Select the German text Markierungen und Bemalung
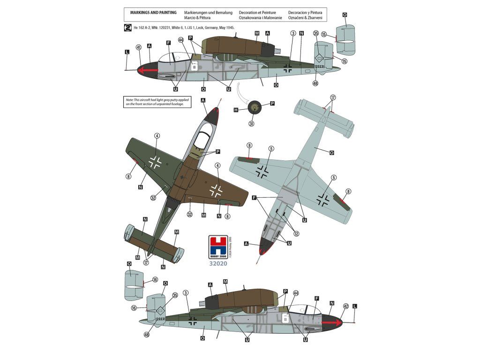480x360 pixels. [x=209, y=12]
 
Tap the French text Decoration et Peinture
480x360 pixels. [x=257, y=12]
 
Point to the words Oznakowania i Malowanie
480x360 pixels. [x=260, y=18]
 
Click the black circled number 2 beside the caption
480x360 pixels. [x=127, y=28]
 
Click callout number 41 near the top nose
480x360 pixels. [x=138, y=47]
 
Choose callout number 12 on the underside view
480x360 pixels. [x=296, y=233]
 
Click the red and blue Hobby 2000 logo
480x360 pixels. [x=218, y=245]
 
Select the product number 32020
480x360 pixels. [x=218, y=263]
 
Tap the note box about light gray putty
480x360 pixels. [x=158, y=102]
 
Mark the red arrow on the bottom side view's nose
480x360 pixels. [x=333, y=322]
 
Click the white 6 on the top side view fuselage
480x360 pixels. [x=195, y=66]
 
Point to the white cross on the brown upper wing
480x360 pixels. [x=216, y=190]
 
